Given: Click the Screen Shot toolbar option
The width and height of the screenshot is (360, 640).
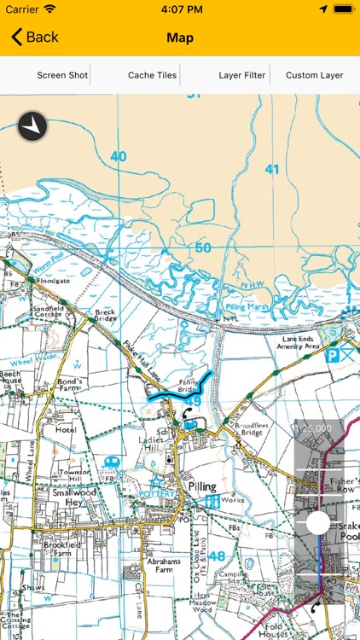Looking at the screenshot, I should [62, 75].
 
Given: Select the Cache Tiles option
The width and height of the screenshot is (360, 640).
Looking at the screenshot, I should [153, 75].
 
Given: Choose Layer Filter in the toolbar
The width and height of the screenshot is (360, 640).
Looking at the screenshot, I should [242, 75].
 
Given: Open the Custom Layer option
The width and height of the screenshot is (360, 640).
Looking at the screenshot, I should [315, 75].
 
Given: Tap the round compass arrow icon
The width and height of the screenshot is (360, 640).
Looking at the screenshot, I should [32, 126].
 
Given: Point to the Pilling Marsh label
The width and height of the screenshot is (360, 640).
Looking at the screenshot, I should [247, 305].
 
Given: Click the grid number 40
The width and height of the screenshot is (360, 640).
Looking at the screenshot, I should [118, 156].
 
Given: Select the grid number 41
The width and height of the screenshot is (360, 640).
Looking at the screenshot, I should [271, 169].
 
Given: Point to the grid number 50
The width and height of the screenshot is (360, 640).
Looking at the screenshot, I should [202, 248].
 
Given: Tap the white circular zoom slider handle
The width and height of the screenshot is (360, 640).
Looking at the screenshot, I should [318, 523].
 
